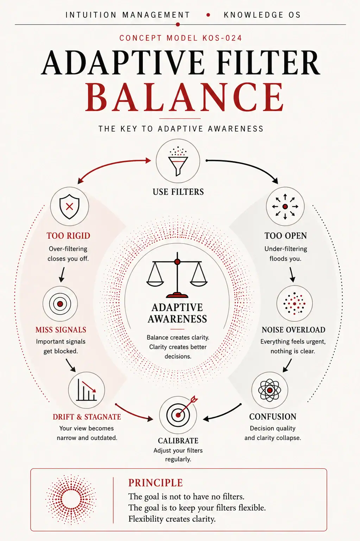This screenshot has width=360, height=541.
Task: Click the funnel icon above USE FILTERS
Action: [178, 161]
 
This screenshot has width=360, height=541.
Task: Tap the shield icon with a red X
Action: [69, 206]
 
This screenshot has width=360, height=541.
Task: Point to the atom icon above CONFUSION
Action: [270, 390]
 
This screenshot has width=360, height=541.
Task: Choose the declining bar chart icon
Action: [87, 390]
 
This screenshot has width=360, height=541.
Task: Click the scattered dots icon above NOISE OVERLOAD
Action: [294, 303]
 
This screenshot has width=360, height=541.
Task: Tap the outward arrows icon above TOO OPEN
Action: [285, 207]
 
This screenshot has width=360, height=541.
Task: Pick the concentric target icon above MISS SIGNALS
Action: [60, 304]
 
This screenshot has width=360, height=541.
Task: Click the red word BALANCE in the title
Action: [185, 97]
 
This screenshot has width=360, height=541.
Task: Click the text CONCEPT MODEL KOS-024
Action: [181, 38]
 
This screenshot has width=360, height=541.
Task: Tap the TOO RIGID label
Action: [68, 236]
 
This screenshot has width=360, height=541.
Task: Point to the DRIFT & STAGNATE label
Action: [87, 417]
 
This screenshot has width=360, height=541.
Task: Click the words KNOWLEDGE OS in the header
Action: [262, 15]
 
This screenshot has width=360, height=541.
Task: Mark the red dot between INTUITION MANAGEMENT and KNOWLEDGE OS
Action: [208, 15]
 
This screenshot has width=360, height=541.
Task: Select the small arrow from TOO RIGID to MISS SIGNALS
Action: [62, 274]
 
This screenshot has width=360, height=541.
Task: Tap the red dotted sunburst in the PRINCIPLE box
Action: [71, 499]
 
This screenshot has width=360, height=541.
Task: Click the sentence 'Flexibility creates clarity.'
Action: [172, 519]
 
